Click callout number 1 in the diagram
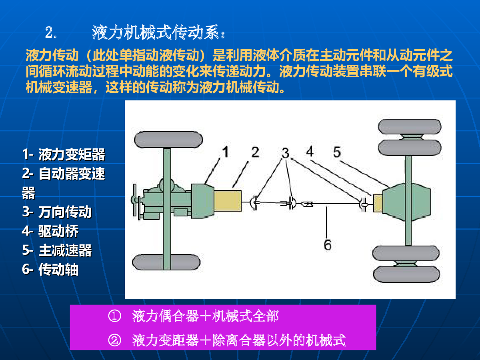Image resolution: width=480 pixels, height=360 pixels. (x=226, y=152)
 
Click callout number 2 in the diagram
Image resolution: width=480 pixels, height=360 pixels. (x=255, y=152)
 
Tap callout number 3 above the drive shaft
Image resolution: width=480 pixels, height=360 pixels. (x=285, y=153)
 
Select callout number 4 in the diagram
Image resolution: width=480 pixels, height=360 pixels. (x=310, y=151)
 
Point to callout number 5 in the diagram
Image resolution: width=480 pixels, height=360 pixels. (x=337, y=152)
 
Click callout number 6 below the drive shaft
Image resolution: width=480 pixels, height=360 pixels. (x=328, y=244)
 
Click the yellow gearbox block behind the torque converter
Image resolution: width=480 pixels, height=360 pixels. (x=228, y=201)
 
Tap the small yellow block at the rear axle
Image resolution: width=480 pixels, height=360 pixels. (x=378, y=203)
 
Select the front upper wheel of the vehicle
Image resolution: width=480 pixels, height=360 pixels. (x=168, y=140)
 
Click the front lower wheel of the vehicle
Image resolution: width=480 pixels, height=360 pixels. (x=166, y=262)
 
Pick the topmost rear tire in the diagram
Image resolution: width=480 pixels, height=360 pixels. (x=410, y=126)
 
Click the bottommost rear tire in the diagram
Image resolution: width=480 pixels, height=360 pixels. (x=406, y=274)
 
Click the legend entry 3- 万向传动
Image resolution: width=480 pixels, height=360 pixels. (x=57, y=212)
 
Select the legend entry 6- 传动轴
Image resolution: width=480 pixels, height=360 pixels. (x=50, y=269)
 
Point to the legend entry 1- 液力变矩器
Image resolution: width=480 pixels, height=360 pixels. (x=64, y=154)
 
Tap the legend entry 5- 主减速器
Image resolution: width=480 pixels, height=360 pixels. (x=57, y=250)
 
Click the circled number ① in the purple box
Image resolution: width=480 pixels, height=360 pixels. (x=114, y=316)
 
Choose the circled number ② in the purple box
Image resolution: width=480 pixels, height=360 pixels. (x=114, y=340)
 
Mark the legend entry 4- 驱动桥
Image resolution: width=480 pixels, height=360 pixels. (x=50, y=231)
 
